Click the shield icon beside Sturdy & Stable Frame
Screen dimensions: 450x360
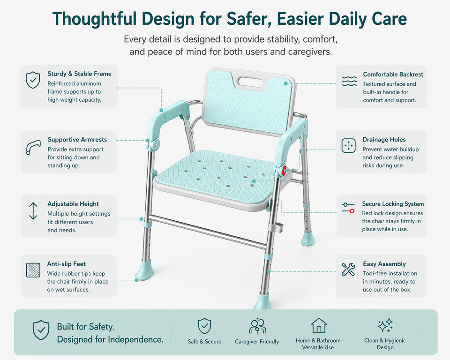click(33, 80)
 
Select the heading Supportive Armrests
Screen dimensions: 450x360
click(77, 140)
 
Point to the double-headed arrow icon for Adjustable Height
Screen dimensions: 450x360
click(33, 211)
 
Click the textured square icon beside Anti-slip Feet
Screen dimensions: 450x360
click(33, 270)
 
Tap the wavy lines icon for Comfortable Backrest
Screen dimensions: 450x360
click(349, 81)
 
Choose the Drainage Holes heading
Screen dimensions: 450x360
click(384, 140)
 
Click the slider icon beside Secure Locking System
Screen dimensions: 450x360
click(348, 208)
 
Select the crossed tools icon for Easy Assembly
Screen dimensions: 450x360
click(348, 269)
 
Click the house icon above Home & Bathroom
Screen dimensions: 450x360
click(319, 326)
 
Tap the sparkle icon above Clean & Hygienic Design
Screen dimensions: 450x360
click(385, 325)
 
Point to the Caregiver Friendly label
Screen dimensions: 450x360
click(257, 342)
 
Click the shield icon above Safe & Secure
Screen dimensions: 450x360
click(205, 326)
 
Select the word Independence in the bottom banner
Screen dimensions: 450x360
click(135, 340)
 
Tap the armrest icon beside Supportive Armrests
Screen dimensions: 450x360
click(33, 147)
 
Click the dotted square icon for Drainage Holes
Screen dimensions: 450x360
click(349, 146)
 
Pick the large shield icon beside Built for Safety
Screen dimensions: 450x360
click(41, 330)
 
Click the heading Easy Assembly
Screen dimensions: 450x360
click(384, 264)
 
